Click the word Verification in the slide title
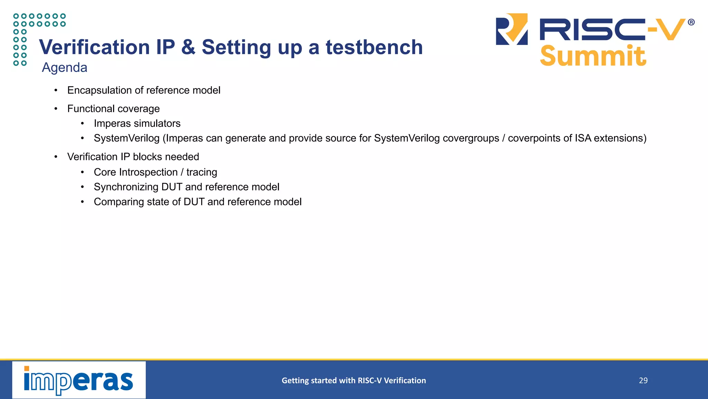(94, 47)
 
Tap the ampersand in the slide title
(188, 47)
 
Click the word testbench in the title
(374, 47)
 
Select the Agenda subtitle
(64, 68)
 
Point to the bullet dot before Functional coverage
(56, 109)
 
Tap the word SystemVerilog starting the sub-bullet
(127, 138)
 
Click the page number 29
(643, 381)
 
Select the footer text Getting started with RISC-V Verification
(354, 381)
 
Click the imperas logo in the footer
(79, 380)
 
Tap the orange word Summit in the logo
(593, 56)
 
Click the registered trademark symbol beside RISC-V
(691, 22)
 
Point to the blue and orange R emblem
(512, 29)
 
